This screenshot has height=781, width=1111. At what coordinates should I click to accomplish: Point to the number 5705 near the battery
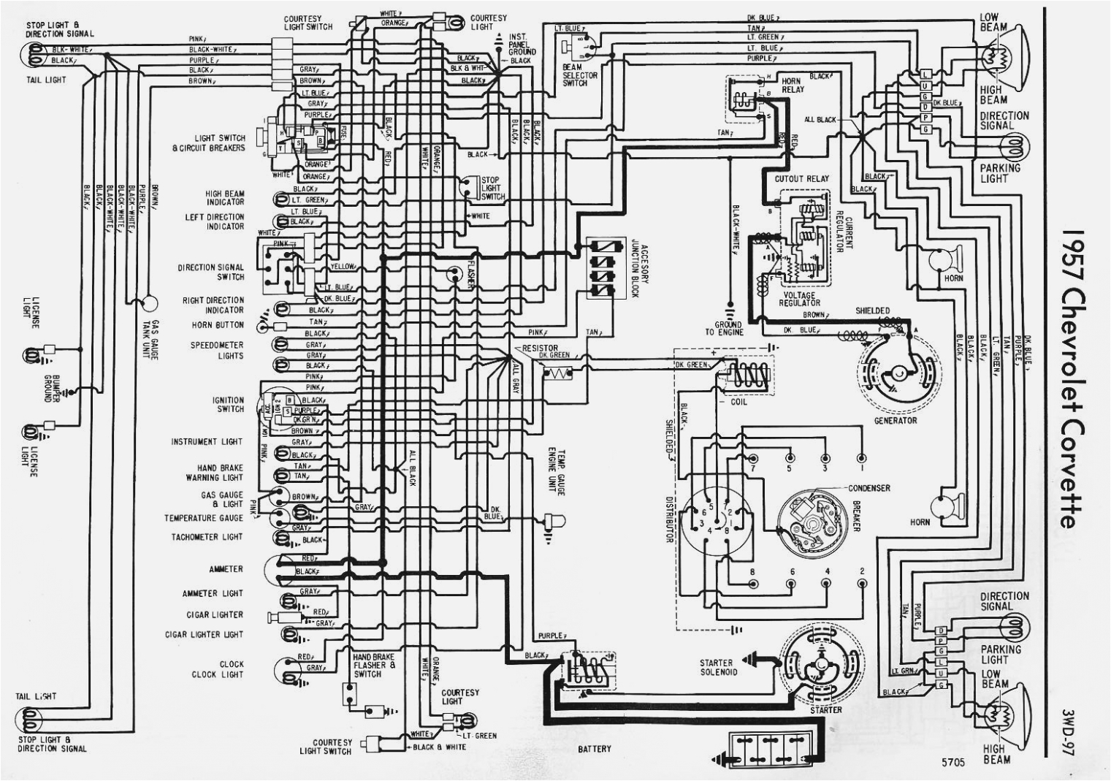[x=953, y=762]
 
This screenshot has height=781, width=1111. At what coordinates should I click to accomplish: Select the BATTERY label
[x=594, y=749]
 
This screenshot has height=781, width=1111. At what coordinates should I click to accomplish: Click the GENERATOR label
[x=895, y=421]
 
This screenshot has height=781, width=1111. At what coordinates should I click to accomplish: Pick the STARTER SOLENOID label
[x=718, y=667]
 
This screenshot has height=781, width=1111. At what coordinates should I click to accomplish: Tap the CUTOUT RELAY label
[x=801, y=178]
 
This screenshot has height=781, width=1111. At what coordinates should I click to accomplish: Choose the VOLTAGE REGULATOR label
[x=799, y=299]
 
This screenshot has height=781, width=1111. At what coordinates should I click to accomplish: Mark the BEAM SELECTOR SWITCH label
[x=579, y=75]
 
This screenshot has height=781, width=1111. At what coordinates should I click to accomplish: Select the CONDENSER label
[x=868, y=488]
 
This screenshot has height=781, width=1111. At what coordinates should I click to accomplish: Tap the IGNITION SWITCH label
[x=228, y=405]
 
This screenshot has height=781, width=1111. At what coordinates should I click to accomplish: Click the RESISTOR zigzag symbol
[x=560, y=373]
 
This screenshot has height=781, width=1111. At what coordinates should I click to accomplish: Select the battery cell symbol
[x=768, y=750]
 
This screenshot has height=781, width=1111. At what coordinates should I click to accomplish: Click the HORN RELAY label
[x=793, y=85]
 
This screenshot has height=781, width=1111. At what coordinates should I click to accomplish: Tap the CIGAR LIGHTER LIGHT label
[x=204, y=634]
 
